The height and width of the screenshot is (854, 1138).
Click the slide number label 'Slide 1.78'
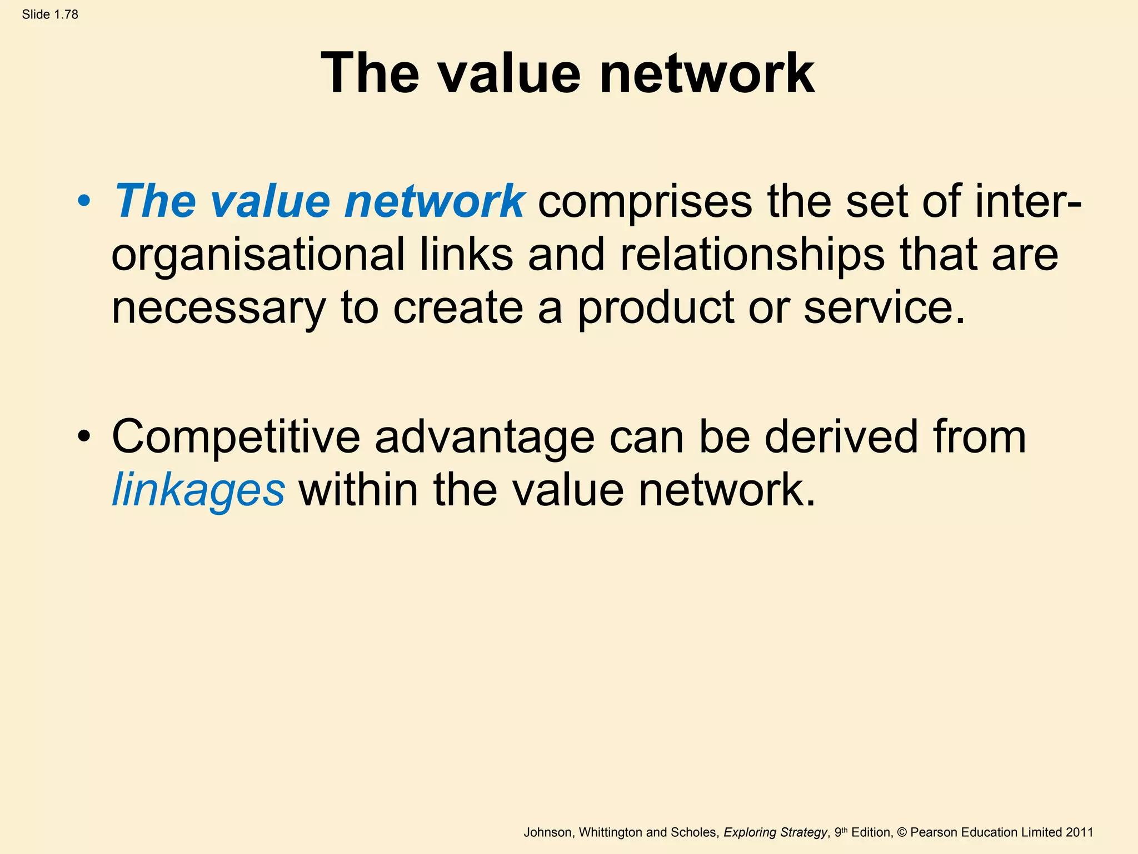(x=50, y=14)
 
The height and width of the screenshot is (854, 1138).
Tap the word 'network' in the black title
(x=706, y=73)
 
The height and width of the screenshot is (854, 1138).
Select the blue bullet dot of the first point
(x=84, y=201)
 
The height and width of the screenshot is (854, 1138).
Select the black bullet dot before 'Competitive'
(x=84, y=437)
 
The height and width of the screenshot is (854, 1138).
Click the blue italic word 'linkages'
(x=198, y=490)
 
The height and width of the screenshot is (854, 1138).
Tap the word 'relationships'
(x=752, y=255)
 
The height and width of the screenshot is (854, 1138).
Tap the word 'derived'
(x=841, y=437)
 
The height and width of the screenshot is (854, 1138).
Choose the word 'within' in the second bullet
(x=358, y=490)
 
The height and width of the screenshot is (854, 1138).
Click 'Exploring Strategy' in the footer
(x=775, y=832)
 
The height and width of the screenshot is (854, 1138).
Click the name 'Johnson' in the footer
(x=547, y=832)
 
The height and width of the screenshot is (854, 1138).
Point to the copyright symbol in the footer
(x=902, y=832)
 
